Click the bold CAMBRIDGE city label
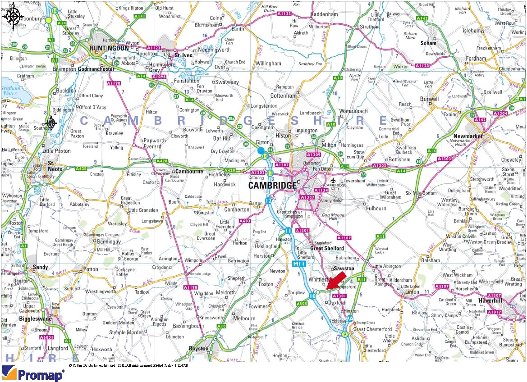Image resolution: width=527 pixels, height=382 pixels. pos(273,186)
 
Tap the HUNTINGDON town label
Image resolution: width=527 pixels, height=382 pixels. pos(109,48)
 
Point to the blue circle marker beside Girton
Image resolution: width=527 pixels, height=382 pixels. pos(261,150)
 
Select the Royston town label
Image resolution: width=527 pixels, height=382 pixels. pos(199,348)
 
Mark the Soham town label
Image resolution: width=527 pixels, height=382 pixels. pos(428,43)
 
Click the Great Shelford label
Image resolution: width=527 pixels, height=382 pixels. pos(327,248)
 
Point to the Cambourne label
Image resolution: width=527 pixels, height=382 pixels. pos(189,171)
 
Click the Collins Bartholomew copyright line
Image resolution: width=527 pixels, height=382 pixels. pos(128,365)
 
